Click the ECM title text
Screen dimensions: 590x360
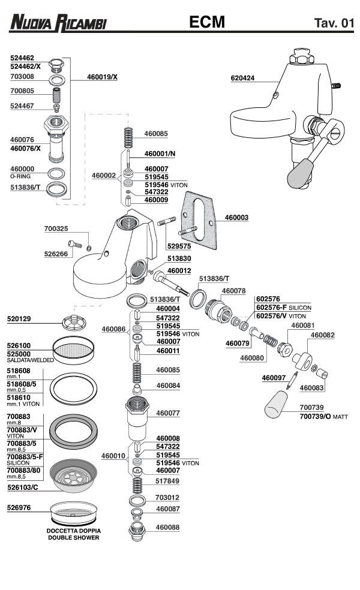tap(206, 23)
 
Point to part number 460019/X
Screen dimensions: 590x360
tap(103, 77)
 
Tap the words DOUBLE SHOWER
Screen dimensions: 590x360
tap(74, 538)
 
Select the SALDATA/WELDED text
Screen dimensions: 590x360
tap(31, 360)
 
